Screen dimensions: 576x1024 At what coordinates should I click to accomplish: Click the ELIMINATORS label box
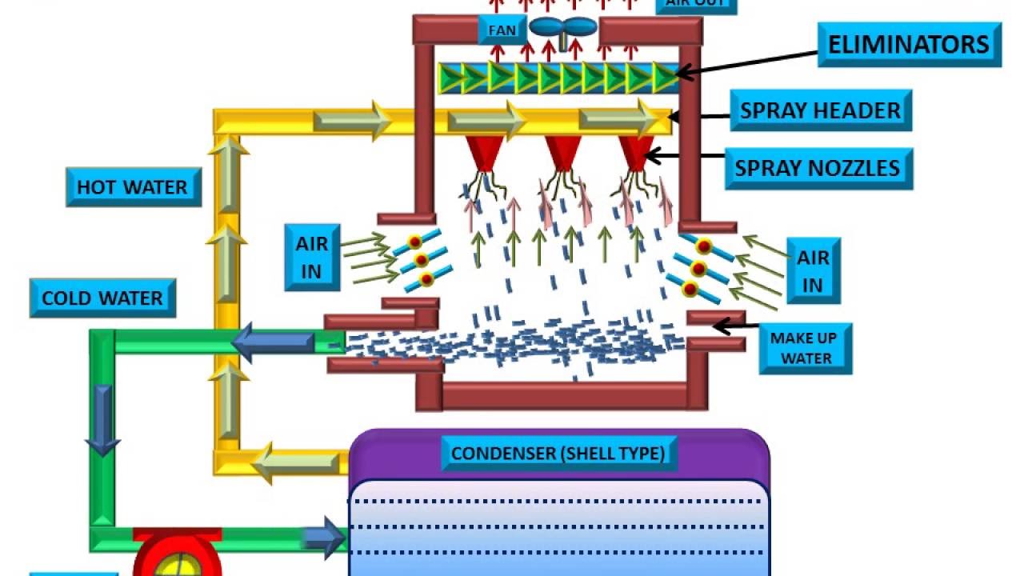909,45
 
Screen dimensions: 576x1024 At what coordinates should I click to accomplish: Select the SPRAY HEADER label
820,110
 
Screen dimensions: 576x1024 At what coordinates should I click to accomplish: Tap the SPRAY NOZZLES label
818,168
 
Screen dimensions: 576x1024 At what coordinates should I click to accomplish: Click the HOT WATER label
133,187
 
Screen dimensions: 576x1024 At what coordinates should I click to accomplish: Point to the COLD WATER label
102,298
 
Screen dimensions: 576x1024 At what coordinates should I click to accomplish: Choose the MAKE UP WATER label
806,348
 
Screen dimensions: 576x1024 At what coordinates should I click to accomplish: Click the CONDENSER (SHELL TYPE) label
558,454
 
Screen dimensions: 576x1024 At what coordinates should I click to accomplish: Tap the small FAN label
502,31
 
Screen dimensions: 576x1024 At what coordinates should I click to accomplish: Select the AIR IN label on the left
311,257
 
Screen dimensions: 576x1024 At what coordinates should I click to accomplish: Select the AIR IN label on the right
813,271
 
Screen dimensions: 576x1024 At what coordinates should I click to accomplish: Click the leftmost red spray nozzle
485,153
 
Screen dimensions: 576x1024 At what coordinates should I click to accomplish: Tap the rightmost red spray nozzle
635,153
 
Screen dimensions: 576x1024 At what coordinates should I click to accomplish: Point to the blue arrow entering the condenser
324,537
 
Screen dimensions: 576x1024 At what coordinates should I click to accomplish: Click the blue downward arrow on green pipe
102,420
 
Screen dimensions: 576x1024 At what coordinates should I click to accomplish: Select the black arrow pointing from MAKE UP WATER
734,326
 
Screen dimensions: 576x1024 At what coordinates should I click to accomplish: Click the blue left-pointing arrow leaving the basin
273,343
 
